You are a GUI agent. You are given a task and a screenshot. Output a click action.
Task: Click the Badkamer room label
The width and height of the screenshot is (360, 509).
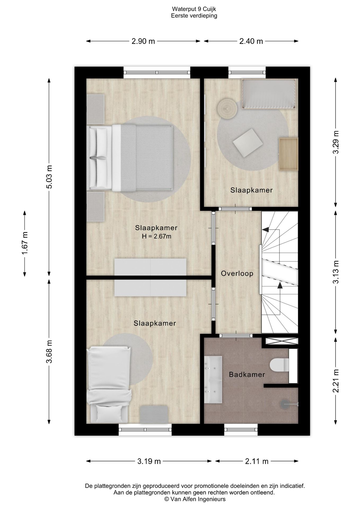pyautogui.click(x=247, y=375)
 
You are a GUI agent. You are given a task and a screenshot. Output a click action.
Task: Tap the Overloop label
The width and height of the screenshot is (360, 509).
pyautogui.click(x=237, y=273)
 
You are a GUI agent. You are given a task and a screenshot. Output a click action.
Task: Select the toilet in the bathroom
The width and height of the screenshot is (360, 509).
pyautogui.click(x=277, y=365)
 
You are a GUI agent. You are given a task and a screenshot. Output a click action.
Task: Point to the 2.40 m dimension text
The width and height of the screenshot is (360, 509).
pyautogui.click(x=251, y=41)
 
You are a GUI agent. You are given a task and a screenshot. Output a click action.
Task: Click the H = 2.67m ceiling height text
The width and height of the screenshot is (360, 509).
pyautogui.click(x=156, y=236)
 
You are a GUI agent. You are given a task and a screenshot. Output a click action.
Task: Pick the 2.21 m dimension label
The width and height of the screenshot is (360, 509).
pyautogui.click(x=336, y=381)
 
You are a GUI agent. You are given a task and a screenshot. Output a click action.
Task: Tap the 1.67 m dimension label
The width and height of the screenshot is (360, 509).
pyautogui.click(x=25, y=243)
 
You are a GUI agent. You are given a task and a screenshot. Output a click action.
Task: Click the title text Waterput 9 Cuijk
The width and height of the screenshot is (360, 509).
pyautogui.click(x=194, y=9)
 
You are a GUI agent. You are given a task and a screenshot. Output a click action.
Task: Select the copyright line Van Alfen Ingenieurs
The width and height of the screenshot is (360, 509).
pyautogui.click(x=195, y=499)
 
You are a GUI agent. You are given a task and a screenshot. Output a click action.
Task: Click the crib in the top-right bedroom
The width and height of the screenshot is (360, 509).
pyautogui.click(x=269, y=94)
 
